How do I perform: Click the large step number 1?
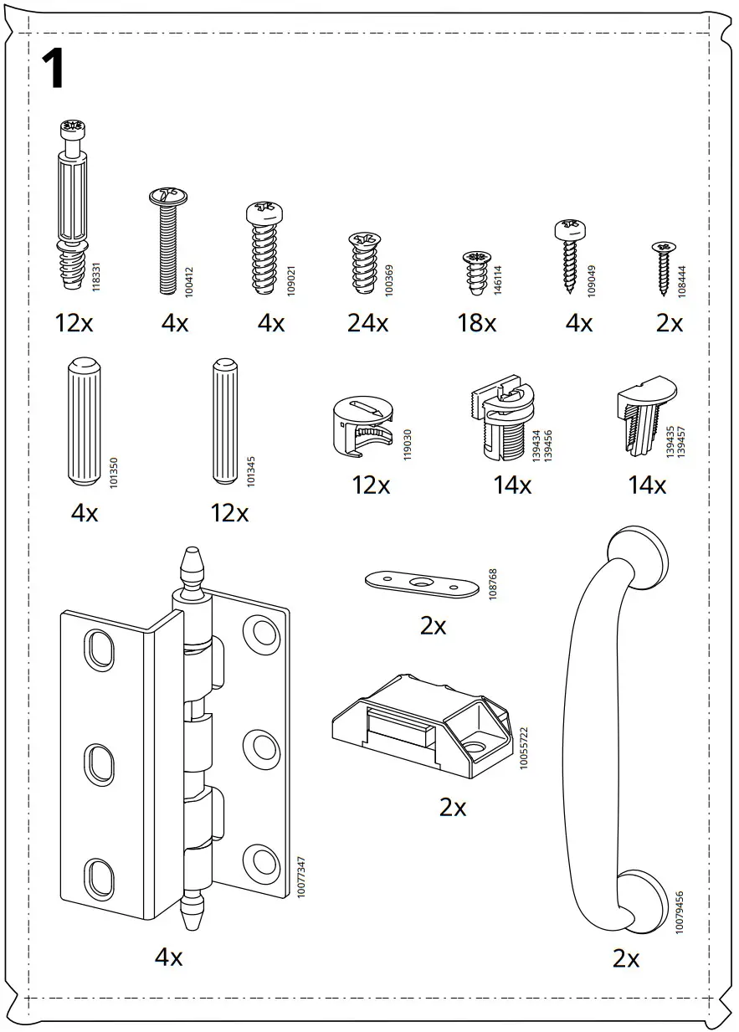[x=52, y=69]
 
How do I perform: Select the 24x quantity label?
[x=367, y=322]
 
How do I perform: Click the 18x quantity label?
[x=476, y=322]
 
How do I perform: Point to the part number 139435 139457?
[x=675, y=441]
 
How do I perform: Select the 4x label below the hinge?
[x=168, y=957]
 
